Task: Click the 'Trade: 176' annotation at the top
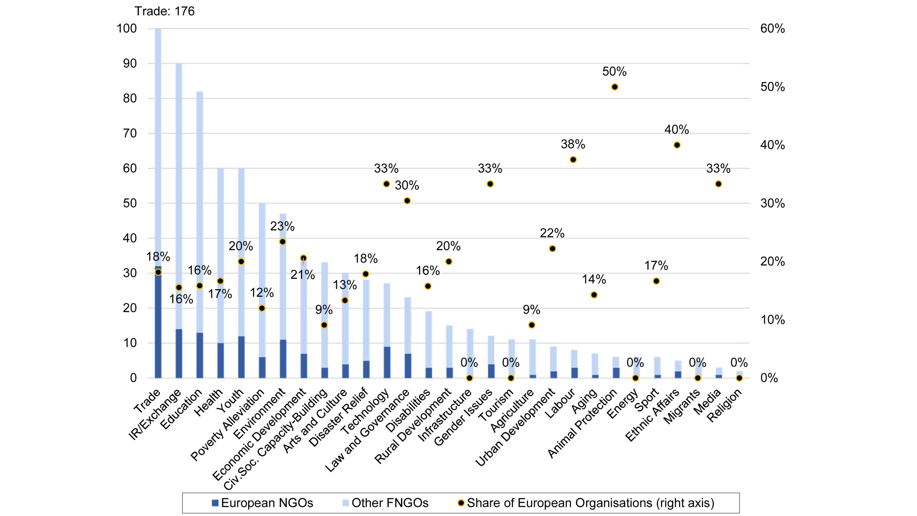(165, 11)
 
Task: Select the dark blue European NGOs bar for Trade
(158, 322)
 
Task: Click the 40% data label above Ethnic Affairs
(676, 129)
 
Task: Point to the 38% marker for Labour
(573, 159)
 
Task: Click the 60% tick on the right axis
(772, 28)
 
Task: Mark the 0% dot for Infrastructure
(469, 378)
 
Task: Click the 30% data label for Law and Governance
(407, 185)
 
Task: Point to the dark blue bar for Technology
(387, 362)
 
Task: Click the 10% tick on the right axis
(772, 320)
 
